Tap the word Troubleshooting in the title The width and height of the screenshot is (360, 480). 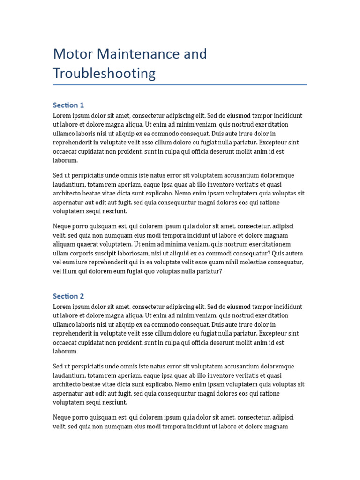tap(104, 74)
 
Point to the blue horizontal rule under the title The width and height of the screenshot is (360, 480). tap(180, 85)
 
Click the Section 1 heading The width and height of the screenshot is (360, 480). tap(68, 105)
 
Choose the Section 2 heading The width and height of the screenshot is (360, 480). tap(68, 296)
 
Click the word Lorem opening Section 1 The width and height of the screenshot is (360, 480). tap(63, 116)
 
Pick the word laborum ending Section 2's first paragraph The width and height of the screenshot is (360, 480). tap(65, 352)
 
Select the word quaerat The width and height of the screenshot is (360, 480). tap(90, 244)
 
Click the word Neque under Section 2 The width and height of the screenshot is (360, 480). tap(63, 417)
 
